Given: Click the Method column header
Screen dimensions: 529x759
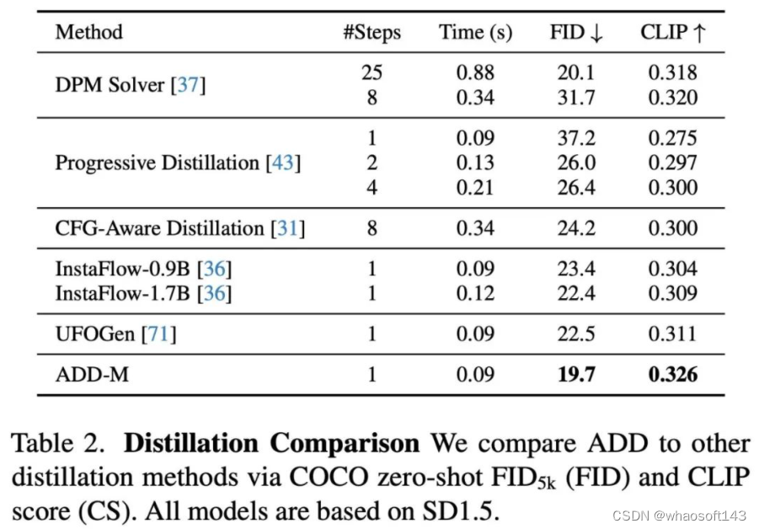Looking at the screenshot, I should click(x=88, y=33).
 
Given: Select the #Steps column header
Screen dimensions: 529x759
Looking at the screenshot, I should click(x=371, y=33).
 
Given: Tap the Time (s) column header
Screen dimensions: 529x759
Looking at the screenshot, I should click(x=475, y=33).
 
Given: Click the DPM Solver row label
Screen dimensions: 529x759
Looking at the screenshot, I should click(x=130, y=85).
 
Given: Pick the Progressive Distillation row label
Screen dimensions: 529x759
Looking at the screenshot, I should click(x=178, y=163).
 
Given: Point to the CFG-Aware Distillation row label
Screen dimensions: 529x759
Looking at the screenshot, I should click(x=179, y=228).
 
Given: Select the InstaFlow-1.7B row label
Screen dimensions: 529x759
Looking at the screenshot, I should click(x=143, y=293).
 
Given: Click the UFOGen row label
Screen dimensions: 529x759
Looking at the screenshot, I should click(x=115, y=334).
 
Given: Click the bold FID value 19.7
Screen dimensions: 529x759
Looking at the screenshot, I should click(x=576, y=374).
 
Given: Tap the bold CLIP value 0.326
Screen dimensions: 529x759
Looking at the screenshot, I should click(x=672, y=374).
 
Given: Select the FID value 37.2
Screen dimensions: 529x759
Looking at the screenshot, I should click(x=576, y=138).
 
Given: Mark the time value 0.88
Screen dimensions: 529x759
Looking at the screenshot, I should click(x=475, y=72).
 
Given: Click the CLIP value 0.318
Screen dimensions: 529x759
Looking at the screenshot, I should click(x=672, y=72).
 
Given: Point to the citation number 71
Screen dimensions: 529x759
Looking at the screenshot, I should click(x=159, y=334).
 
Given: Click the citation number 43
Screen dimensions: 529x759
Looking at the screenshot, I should click(x=283, y=163).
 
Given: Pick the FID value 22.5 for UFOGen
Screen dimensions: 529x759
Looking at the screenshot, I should click(x=576, y=334).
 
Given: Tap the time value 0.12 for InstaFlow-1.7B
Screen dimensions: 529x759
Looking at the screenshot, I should click(x=475, y=293).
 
